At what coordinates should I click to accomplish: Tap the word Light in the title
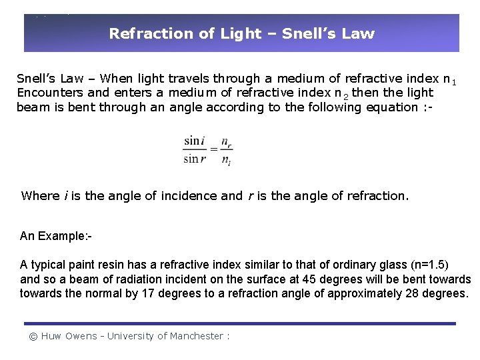(241, 33)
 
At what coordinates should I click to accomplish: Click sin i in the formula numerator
(194, 141)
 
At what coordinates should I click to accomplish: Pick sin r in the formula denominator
(195, 159)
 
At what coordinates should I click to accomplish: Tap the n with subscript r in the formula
(227, 142)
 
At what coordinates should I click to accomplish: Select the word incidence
(189, 196)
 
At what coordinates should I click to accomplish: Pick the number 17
(149, 293)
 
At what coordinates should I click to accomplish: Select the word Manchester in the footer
(196, 336)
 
